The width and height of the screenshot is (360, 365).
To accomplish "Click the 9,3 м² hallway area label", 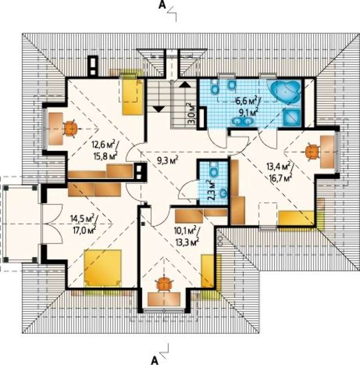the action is click(168, 160).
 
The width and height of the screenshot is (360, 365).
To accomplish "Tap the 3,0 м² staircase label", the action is click(192, 114).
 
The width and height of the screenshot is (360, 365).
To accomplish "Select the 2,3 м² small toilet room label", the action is click(211, 190).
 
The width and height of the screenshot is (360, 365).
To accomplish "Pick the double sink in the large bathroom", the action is click(242, 121).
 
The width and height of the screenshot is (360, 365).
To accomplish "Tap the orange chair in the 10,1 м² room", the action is click(165, 284).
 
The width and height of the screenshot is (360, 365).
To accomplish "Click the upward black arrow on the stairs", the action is click(185, 84).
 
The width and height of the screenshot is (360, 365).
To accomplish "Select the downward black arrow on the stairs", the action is click(158, 109).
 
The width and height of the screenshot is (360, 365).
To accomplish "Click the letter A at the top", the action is click(162, 5).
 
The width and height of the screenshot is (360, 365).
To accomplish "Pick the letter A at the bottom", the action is click(155, 360).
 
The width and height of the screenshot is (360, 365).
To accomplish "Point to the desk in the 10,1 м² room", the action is click(164, 299).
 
